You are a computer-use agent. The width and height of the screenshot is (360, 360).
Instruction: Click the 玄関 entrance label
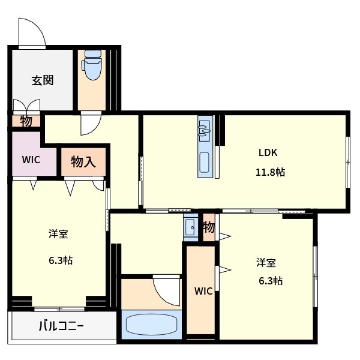coord(43,80)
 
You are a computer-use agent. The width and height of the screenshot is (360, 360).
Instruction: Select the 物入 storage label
coord(83,161)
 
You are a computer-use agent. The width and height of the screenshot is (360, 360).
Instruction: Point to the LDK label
coord(268,152)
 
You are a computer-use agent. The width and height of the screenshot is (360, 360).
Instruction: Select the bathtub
coord(152,324)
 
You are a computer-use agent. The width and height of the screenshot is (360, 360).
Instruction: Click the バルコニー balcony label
coord(61,327)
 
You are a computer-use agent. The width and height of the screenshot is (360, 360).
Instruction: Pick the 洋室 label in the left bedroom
coord(58,235)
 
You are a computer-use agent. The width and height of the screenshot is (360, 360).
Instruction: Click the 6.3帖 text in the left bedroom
coord(61,260)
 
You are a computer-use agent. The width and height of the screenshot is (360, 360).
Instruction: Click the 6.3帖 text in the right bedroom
coord(271,281)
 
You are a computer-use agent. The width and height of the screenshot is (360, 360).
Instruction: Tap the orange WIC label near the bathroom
coord(203,292)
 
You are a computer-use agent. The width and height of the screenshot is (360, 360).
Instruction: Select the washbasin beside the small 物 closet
coord(191,227)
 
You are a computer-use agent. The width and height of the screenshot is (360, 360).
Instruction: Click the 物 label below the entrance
coord(26,121)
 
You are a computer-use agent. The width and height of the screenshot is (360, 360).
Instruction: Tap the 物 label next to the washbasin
coord(209,227)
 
